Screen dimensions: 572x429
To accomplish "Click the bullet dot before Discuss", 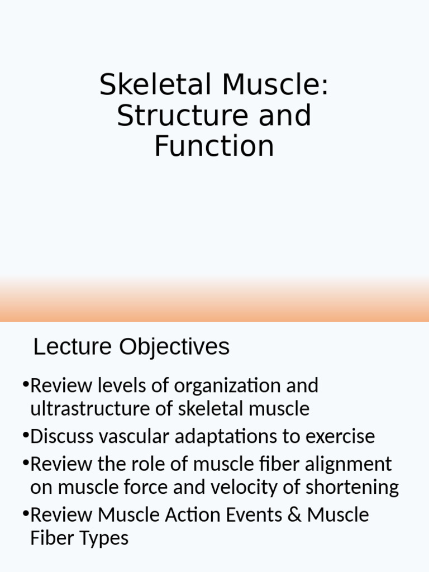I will coord(26,435).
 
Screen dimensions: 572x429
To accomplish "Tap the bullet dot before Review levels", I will coord(26,384).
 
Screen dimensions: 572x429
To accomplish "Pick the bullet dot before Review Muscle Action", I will coord(26,513).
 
